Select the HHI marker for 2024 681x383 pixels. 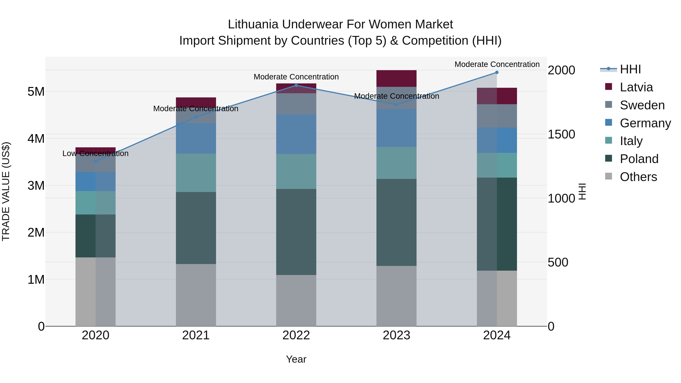(x=497, y=72)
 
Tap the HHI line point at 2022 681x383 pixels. (x=296, y=85)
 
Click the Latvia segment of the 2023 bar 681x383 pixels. (x=396, y=78)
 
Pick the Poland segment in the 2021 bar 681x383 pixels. (x=196, y=228)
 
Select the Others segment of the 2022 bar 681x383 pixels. (x=296, y=301)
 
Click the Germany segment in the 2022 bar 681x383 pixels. (x=296, y=134)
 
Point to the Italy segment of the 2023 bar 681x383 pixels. (x=396, y=163)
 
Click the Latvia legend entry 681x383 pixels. (x=636, y=87)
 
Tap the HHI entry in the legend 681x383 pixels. (x=630, y=69)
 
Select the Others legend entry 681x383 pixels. (x=638, y=177)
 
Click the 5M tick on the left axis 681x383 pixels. (x=36, y=92)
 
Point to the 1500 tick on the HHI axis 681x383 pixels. (x=561, y=134)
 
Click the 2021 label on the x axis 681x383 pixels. (x=196, y=335)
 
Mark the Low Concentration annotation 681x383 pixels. (x=96, y=153)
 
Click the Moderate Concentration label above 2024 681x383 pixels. (x=497, y=64)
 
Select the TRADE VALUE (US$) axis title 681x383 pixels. (x=6, y=191)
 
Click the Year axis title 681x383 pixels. (x=296, y=359)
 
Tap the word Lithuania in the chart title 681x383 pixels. (x=253, y=24)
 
